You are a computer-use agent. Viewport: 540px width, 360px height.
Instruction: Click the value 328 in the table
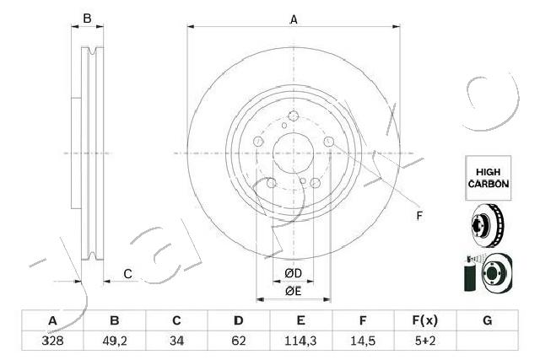click(51, 342)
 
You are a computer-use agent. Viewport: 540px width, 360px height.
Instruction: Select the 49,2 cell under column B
click(114, 342)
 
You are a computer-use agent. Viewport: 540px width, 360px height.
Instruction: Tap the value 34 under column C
click(176, 342)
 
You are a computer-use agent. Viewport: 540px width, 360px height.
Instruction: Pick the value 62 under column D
click(239, 342)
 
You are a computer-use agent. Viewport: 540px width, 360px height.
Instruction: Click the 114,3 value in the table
click(301, 342)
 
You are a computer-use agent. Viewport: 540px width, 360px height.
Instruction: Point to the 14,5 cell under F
click(364, 342)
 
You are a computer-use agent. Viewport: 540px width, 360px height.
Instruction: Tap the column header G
click(487, 320)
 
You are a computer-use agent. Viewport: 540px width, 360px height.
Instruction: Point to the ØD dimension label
click(293, 273)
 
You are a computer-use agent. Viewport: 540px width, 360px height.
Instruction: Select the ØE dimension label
click(293, 291)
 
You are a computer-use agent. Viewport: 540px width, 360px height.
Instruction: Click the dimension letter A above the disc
click(293, 19)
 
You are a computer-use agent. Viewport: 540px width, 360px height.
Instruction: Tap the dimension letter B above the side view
click(86, 19)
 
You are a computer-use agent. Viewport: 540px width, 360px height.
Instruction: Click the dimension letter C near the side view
click(127, 272)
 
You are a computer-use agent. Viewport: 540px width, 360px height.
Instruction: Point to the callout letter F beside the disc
click(418, 216)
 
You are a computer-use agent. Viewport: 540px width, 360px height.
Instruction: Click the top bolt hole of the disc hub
click(293, 117)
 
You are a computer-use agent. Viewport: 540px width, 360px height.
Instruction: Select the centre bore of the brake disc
click(293, 153)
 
